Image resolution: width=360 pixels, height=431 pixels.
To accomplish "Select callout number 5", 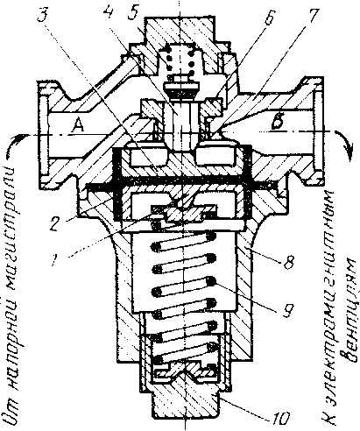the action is [x=134, y=13].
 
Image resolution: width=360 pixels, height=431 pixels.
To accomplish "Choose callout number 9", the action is [x=287, y=310].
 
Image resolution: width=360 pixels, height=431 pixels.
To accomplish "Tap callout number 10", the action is [x=281, y=419].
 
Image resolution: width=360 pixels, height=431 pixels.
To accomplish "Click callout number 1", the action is [x=55, y=259].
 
